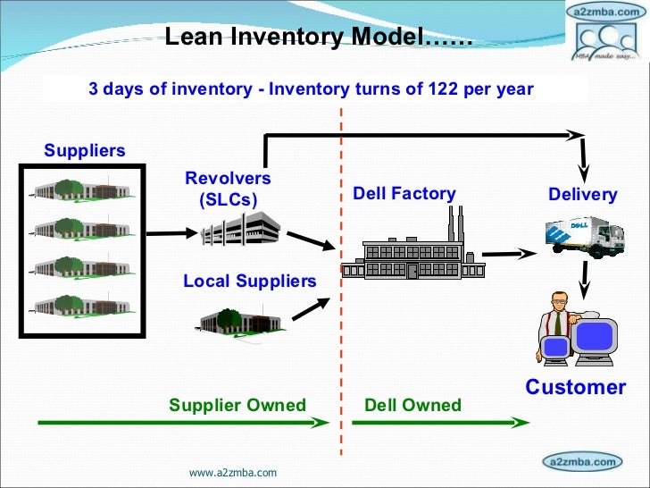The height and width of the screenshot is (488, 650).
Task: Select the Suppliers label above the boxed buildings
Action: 85,150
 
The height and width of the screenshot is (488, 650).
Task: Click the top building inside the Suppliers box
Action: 82,189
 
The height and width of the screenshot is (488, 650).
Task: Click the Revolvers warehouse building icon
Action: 239,231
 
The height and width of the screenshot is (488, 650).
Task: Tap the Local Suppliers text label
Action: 250,282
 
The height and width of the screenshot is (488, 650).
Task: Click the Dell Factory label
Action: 404,194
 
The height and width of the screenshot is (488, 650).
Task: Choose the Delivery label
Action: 583,195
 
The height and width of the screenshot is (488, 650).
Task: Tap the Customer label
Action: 576,387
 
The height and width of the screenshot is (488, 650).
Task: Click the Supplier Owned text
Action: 237,405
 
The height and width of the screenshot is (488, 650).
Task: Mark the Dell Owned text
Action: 413,405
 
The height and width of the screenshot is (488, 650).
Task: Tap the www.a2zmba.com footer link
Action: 233,471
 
